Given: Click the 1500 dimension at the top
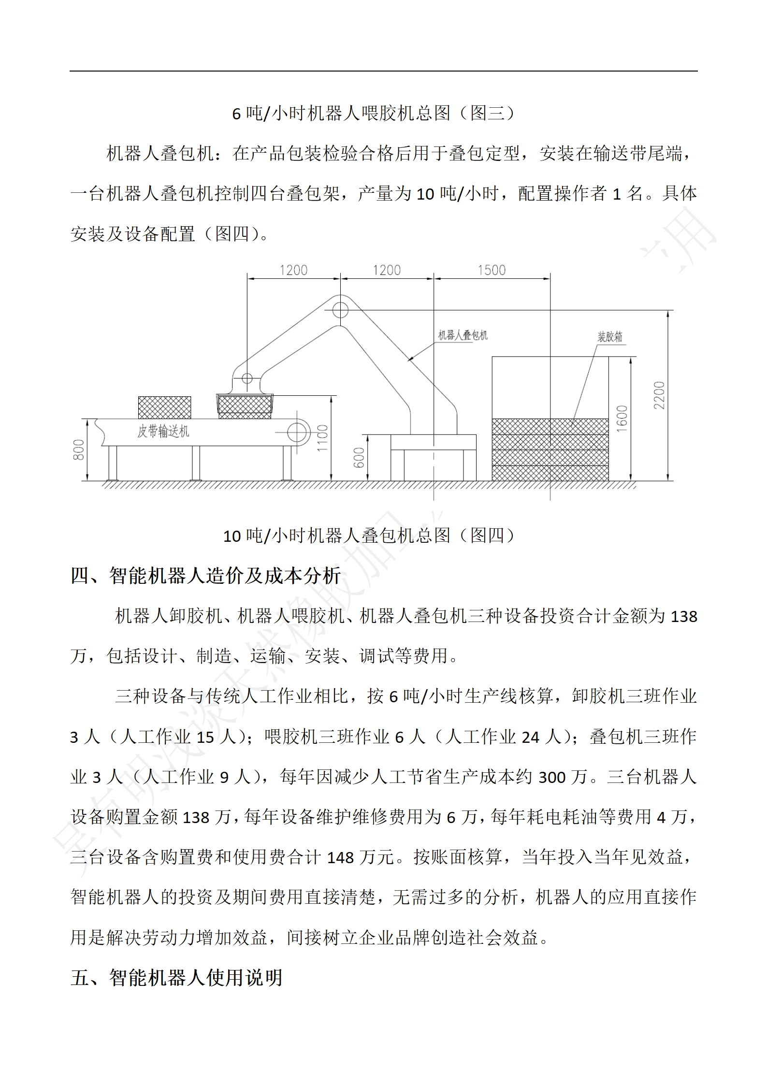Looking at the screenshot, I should [x=492, y=270].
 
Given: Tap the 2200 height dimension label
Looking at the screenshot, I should [x=659, y=395].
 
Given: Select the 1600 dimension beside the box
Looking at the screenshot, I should [x=622, y=419].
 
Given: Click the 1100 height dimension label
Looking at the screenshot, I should [x=322, y=438].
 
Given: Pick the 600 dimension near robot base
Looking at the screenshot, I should [x=359, y=457].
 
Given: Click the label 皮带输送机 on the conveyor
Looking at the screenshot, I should [x=163, y=431].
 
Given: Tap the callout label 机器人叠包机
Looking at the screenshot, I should [x=463, y=335].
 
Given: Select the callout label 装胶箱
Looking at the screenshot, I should [x=610, y=336].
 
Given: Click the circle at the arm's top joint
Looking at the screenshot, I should [x=340, y=310].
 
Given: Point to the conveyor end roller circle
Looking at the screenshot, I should [x=298, y=432].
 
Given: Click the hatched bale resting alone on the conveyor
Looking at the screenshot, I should [x=164, y=407].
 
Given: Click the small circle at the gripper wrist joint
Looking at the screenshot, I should [x=247, y=378].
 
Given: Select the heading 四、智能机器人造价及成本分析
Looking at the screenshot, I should [x=206, y=575].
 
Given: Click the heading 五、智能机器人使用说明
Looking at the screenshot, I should [x=176, y=977].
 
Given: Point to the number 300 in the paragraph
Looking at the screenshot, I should [x=552, y=777].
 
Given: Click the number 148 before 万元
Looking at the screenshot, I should [x=340, y=857].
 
